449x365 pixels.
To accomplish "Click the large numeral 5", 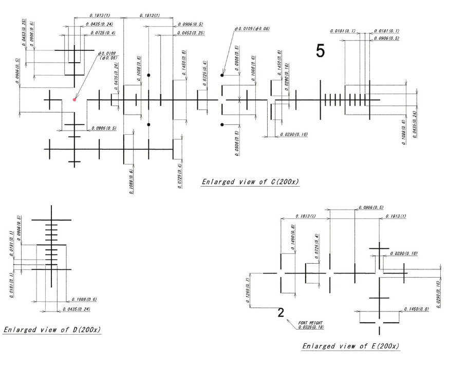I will pos(320,50).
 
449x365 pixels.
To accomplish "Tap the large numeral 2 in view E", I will pos(280,313).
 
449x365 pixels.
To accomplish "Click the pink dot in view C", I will pos(74,100).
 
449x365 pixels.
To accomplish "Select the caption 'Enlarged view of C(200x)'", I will pos(251,182).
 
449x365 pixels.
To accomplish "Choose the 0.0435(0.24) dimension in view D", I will pos(76,309).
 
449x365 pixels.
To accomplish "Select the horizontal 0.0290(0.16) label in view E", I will pos(403,253).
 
